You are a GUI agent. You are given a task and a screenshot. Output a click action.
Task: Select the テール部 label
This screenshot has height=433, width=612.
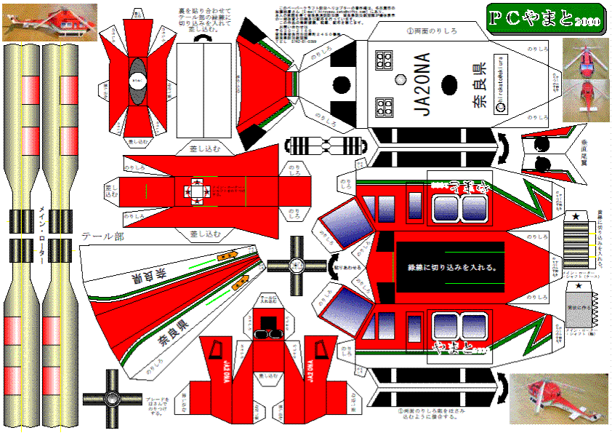pyautogui.click(x=105, y=237)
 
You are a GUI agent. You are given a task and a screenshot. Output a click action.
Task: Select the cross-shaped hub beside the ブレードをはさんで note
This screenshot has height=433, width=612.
pyautogui.click(x=111, y=399)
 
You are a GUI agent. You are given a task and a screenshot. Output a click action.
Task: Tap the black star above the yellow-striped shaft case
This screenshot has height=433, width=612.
pyautogui.click(x=577, y=215)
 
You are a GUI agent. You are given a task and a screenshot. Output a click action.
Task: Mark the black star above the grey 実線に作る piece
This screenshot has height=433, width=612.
pyautogui.click(x=579, y=287)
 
